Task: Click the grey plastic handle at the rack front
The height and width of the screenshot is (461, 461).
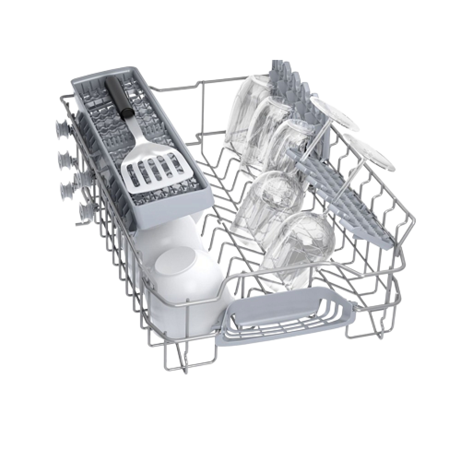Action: (x=277, y=309)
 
